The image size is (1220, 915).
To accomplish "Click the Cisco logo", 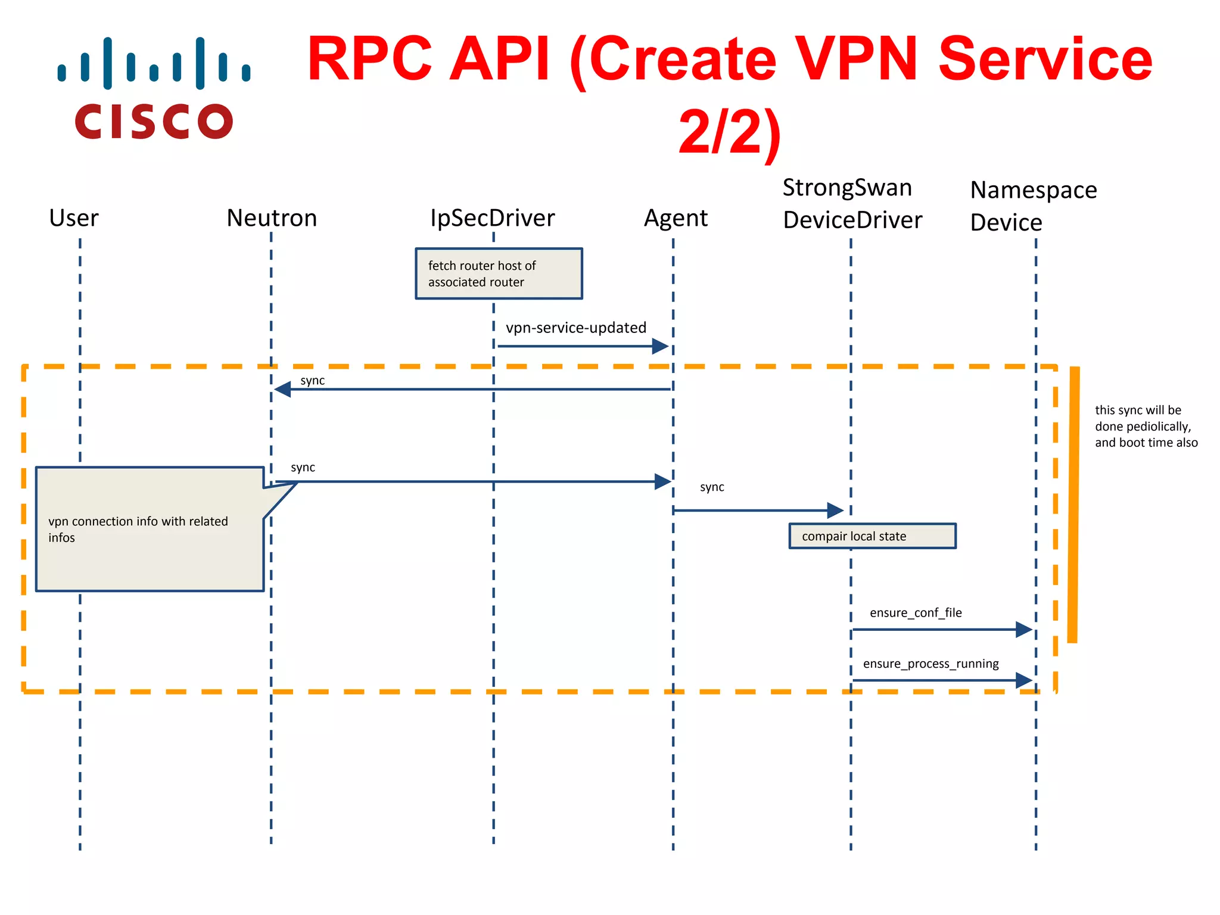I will [154, 88].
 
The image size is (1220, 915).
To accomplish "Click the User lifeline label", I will [74, 218].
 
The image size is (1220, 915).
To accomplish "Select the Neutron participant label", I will [272, 218].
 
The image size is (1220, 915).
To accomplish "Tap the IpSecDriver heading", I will [492, 218].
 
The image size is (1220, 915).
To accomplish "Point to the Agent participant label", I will [676, 218].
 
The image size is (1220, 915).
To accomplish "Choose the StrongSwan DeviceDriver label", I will [852, 204].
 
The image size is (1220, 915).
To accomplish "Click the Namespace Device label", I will [1033, 206].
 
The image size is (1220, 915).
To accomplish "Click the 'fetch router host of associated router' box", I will [499, 273].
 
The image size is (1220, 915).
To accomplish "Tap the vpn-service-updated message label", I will [575, 328].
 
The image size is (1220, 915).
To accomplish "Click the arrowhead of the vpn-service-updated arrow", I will [660, 346].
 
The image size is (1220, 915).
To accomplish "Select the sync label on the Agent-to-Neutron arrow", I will [312, 380].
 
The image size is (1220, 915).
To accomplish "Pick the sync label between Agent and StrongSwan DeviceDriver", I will [712, 487].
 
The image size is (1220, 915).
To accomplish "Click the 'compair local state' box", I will [872, 536].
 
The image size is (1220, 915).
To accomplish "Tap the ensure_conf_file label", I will [916, 612].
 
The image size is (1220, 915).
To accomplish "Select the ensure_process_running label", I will [930, 664].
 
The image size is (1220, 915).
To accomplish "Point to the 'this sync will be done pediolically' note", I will [1145, 426].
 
